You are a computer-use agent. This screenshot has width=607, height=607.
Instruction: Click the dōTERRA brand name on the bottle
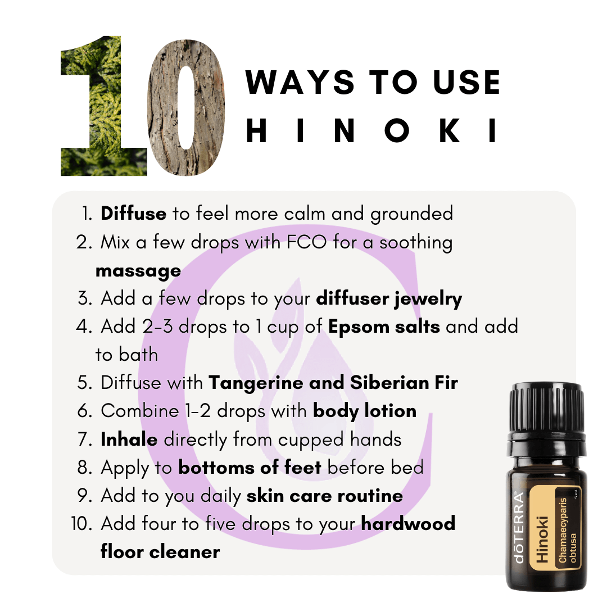click(x=519, y=527)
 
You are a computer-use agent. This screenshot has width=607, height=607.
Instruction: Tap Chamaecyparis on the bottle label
click(x=562, y=531)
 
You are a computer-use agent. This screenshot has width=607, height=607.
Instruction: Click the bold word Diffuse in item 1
click(x=134, y=214)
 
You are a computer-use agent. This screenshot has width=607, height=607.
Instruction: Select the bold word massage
click(x=138, y=271)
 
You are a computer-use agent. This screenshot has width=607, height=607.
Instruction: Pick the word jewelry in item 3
click(x=428, y=299)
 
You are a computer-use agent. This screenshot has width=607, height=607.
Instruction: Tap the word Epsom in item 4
click(x=359, y=327)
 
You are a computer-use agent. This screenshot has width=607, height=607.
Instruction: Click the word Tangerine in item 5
click(x=256, y=383)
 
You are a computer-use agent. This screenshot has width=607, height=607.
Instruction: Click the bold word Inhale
click(x=129, y=440)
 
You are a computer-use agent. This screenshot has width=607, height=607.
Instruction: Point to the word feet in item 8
click(x=303, y=468)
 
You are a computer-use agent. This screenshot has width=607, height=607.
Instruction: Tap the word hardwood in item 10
click(x=408, y=524)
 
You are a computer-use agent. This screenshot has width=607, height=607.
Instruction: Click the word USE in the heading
click(x=466, y=82)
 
